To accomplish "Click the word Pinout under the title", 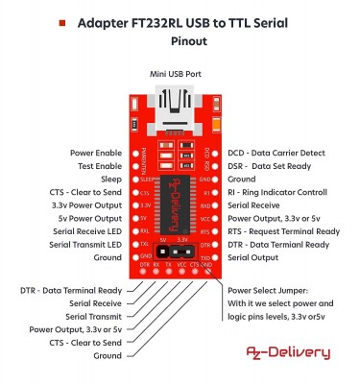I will click(x=180, y=41).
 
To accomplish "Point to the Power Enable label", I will click(x=96, y=153).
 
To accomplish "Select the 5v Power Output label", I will click(x=91, y=218).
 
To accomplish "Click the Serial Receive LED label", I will click(x=89, y=231).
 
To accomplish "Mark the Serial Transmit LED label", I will click(x=87, y=245).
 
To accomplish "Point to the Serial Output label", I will click(x=252, y=258).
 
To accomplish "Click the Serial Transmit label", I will click(x=94, y=316).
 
